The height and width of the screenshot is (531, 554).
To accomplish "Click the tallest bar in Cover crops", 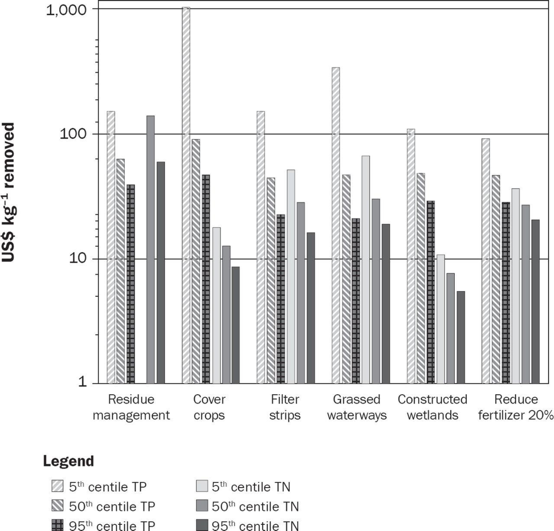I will point(186,195).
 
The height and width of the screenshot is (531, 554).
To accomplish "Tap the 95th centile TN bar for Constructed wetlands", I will point(461,337).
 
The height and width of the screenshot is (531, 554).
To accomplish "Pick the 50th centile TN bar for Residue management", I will point(151,249).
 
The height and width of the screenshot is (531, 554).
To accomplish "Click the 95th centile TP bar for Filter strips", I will point(281,299).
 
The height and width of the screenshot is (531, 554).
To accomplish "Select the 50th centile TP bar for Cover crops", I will point(196,261).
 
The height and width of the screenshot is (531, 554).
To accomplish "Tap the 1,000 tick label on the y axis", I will point(66,10).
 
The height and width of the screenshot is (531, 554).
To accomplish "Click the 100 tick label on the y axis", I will point(73,134).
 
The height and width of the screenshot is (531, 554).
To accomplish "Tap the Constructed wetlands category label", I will point(432,407).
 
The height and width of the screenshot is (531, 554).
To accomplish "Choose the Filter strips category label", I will point(285,407).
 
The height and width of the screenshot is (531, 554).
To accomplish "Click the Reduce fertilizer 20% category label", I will point(516,407).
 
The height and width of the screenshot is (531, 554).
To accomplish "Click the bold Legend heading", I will point(68,461).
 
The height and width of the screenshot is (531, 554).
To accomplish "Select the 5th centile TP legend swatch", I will point(57,486).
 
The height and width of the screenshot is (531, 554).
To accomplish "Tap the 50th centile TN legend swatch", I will point(201,506).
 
